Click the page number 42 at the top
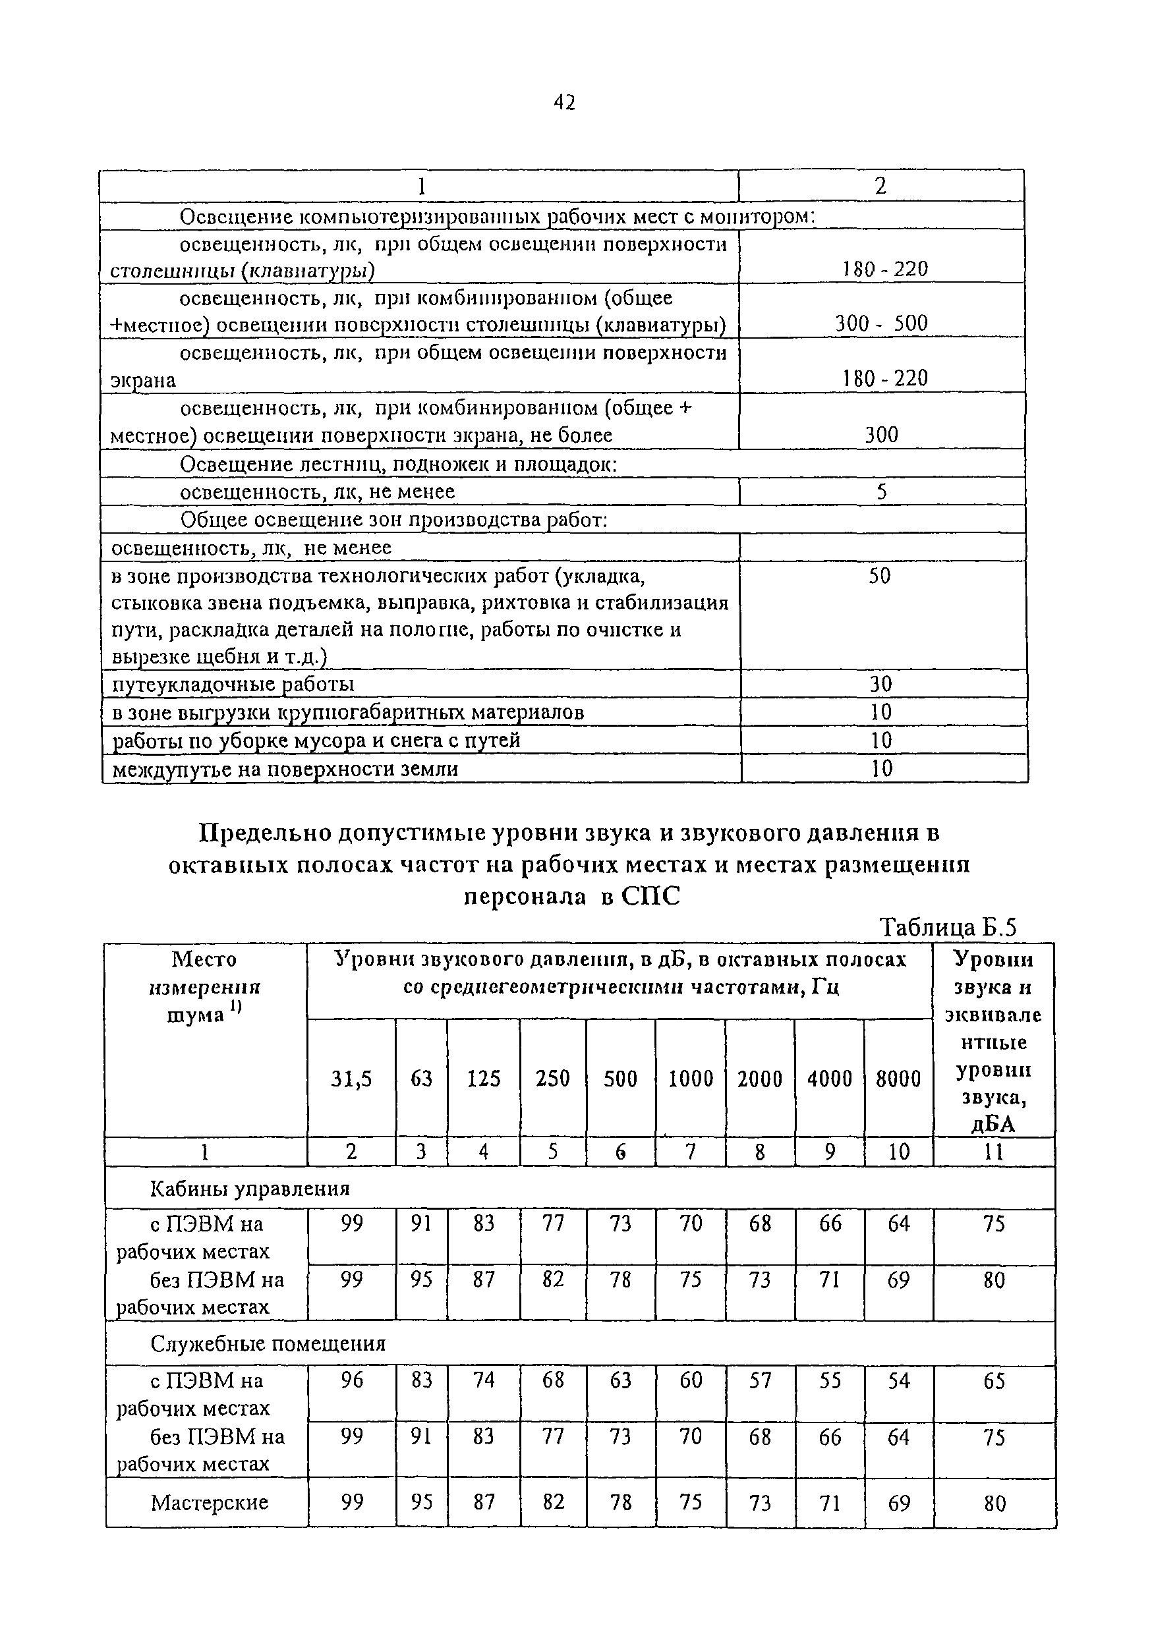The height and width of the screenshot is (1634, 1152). tap(564, 103)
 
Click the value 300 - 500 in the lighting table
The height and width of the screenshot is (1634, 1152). tap(881, 324)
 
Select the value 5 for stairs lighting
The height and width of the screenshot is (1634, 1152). tap(881, 492)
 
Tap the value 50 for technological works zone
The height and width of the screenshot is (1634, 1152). tap(880, 576)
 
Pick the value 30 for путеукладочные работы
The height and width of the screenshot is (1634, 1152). tap(881, 684)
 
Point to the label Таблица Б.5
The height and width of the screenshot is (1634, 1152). tap(948, 927)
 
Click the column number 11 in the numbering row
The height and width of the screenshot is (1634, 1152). tap(993, 1152)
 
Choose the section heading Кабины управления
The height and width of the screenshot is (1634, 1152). tap(250, 1189)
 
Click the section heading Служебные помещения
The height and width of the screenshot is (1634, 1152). tap(268, 1343)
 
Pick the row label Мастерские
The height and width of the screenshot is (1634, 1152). tap(210, 1502)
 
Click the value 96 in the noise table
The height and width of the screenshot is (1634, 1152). tap(352, 1380)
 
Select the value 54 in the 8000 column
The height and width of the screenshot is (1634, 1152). tap(898, 1380)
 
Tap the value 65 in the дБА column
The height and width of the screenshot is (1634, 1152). tap(994, 1380)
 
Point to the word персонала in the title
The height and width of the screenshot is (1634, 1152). tap(525, 897)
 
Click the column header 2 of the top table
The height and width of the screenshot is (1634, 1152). tap(880, 186)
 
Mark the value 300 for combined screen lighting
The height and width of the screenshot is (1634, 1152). tap(881, 435)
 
